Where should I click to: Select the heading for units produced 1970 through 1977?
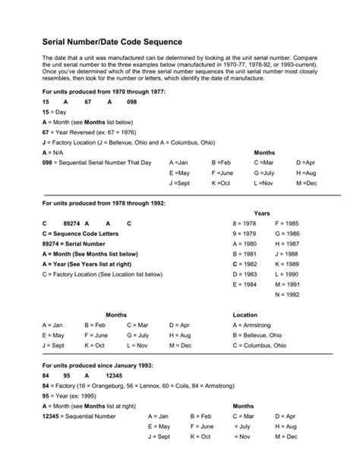click(x=103, y=91)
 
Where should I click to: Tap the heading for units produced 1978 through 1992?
click(x=103, y=204)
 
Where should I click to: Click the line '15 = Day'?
click(x=55, y=111)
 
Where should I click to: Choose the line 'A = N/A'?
click(x=53, y=152)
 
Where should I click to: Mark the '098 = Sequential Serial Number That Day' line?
click(x=97, y=163)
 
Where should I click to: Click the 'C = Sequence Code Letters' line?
click(x=82, y=233)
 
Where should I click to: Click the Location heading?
click(x=245, y=315)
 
